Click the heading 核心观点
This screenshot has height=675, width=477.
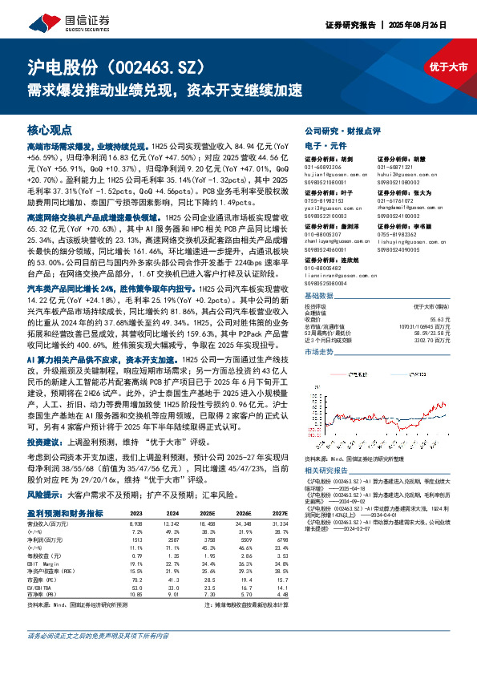(x=49, y=129)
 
